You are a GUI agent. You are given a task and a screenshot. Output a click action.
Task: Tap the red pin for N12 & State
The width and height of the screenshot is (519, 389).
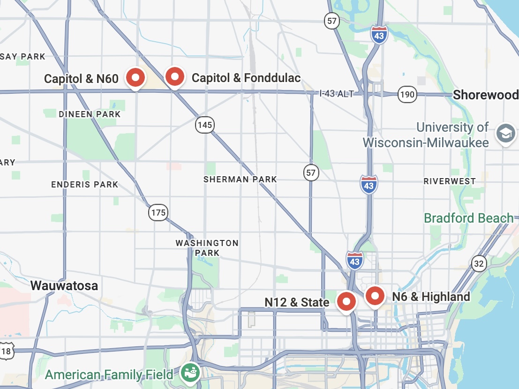(x=347, y=301)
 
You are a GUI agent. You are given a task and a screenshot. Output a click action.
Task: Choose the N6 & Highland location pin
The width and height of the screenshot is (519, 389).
(x=375, y=296)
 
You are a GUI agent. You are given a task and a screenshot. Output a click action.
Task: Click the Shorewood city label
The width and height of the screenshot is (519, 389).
(x=485, y=95)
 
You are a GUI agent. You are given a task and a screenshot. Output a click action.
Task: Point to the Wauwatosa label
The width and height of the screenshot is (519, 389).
(x=64, y=285)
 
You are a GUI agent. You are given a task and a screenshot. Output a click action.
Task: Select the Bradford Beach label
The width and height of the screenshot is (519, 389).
(x=468, y=218)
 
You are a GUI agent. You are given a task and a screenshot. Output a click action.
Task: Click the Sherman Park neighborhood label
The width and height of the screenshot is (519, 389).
(x=240, y=179)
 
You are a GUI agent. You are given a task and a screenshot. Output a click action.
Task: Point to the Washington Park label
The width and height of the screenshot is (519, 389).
(x=207, y=248)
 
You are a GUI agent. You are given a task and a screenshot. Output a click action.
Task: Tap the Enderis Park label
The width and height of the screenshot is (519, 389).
(x=84, y=184)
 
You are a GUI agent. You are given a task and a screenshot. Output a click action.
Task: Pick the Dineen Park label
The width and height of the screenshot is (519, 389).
(x=90, y=114)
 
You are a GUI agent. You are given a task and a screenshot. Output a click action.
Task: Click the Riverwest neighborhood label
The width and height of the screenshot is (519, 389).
(x=449, y=181)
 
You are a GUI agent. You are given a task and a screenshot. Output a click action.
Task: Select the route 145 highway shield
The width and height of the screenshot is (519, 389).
(x=205, y=125)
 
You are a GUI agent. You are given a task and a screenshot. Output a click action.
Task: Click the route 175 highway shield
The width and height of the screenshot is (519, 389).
(x=158, y=213)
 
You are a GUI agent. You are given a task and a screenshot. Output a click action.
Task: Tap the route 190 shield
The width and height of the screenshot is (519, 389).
(x=407, y=95)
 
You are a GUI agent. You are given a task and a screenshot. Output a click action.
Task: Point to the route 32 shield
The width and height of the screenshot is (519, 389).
(x=478, y=264)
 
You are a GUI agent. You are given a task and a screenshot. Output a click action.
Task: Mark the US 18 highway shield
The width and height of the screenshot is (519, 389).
(x=6, y=351)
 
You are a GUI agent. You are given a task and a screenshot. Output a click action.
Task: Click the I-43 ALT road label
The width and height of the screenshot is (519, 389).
(x=336, y=94)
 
